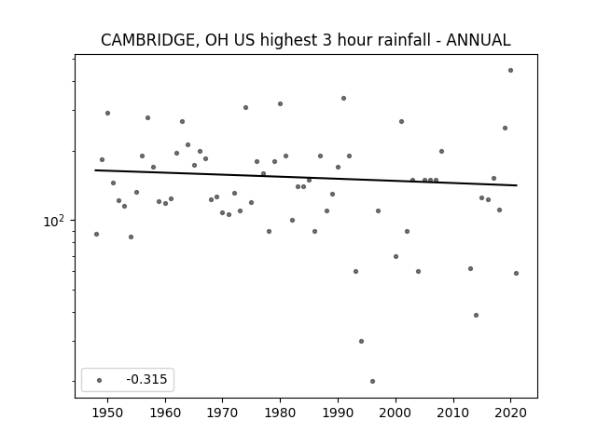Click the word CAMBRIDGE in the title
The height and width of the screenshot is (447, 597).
149,40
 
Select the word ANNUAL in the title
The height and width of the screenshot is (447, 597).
479,40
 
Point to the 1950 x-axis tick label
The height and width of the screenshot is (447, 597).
108,413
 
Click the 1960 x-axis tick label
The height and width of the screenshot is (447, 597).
165,413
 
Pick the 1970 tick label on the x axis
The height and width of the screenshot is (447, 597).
223,413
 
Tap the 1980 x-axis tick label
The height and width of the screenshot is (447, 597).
280,413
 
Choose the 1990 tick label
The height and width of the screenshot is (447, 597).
338,413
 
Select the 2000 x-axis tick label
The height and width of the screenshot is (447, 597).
396,413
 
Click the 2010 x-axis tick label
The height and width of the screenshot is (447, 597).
453,413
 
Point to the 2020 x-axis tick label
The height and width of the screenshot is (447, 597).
510,413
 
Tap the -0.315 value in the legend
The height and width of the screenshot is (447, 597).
146,379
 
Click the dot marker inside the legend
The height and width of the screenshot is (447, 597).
100,380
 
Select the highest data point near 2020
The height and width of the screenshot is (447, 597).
510,71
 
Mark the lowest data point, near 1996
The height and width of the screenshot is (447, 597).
372,381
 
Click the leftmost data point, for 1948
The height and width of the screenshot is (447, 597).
96,234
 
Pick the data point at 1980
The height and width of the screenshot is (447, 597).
280,103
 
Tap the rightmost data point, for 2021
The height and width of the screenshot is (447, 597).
516,273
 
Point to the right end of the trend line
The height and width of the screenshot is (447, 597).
517,185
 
